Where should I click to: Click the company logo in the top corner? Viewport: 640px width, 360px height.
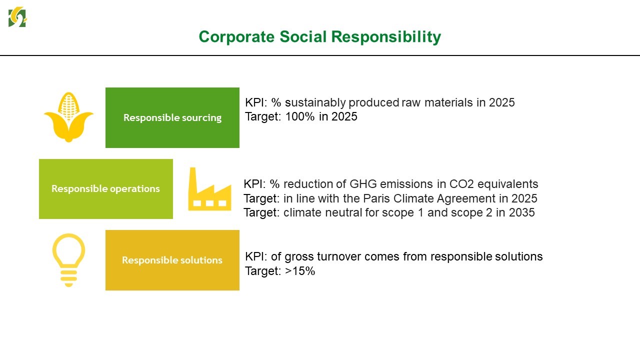(17, 17)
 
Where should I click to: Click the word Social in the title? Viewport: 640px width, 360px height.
(303, 37)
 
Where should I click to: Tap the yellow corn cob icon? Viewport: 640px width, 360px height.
(68, 117)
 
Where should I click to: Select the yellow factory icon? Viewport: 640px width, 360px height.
(209, 189)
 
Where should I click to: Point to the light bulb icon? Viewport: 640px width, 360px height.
(69, 260)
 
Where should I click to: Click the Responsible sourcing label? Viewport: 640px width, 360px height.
(172, 117)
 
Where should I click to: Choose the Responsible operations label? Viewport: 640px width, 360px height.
(105, 188)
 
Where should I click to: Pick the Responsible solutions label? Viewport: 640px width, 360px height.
(172, 260)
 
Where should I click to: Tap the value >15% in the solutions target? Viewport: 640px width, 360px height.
(300, 271)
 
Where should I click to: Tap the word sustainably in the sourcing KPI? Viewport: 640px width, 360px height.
(315, 102)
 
